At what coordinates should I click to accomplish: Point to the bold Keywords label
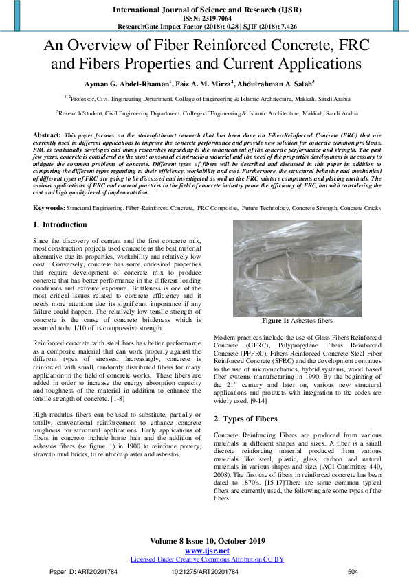point(49,207)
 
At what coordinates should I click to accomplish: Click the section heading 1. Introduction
point(60,225)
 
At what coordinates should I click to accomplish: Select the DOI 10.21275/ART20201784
point(205,571)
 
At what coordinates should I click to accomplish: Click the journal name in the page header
point(204,10)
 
